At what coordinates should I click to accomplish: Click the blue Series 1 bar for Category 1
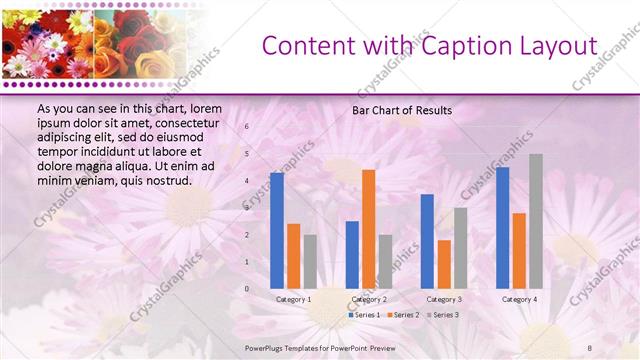pyautogui.click(x=277, y=231)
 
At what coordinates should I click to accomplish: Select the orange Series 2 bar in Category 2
pyautogui.click(x=368, y=229)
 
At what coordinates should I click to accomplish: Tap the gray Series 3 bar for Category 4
pyautogui.click(x=535, y=221)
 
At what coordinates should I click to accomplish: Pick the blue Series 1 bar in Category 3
pyautogui.click(x=427, y=241)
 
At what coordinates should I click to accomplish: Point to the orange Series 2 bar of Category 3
pyautogui.click(x=444, y=264)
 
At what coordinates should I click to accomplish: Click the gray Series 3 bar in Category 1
pyautogui.click(x=310, y=262)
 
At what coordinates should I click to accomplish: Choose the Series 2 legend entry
pyautogui.click(x=401, y=315)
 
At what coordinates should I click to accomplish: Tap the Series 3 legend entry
pyautogui.click(x=441, y=315)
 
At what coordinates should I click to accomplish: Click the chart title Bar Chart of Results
pyautogui.click(x=402, y=110)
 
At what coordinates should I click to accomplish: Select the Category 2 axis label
pyautogui.click(x=369, y=300)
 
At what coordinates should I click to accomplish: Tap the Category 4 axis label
pyautogui.click(x=519, y=300)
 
